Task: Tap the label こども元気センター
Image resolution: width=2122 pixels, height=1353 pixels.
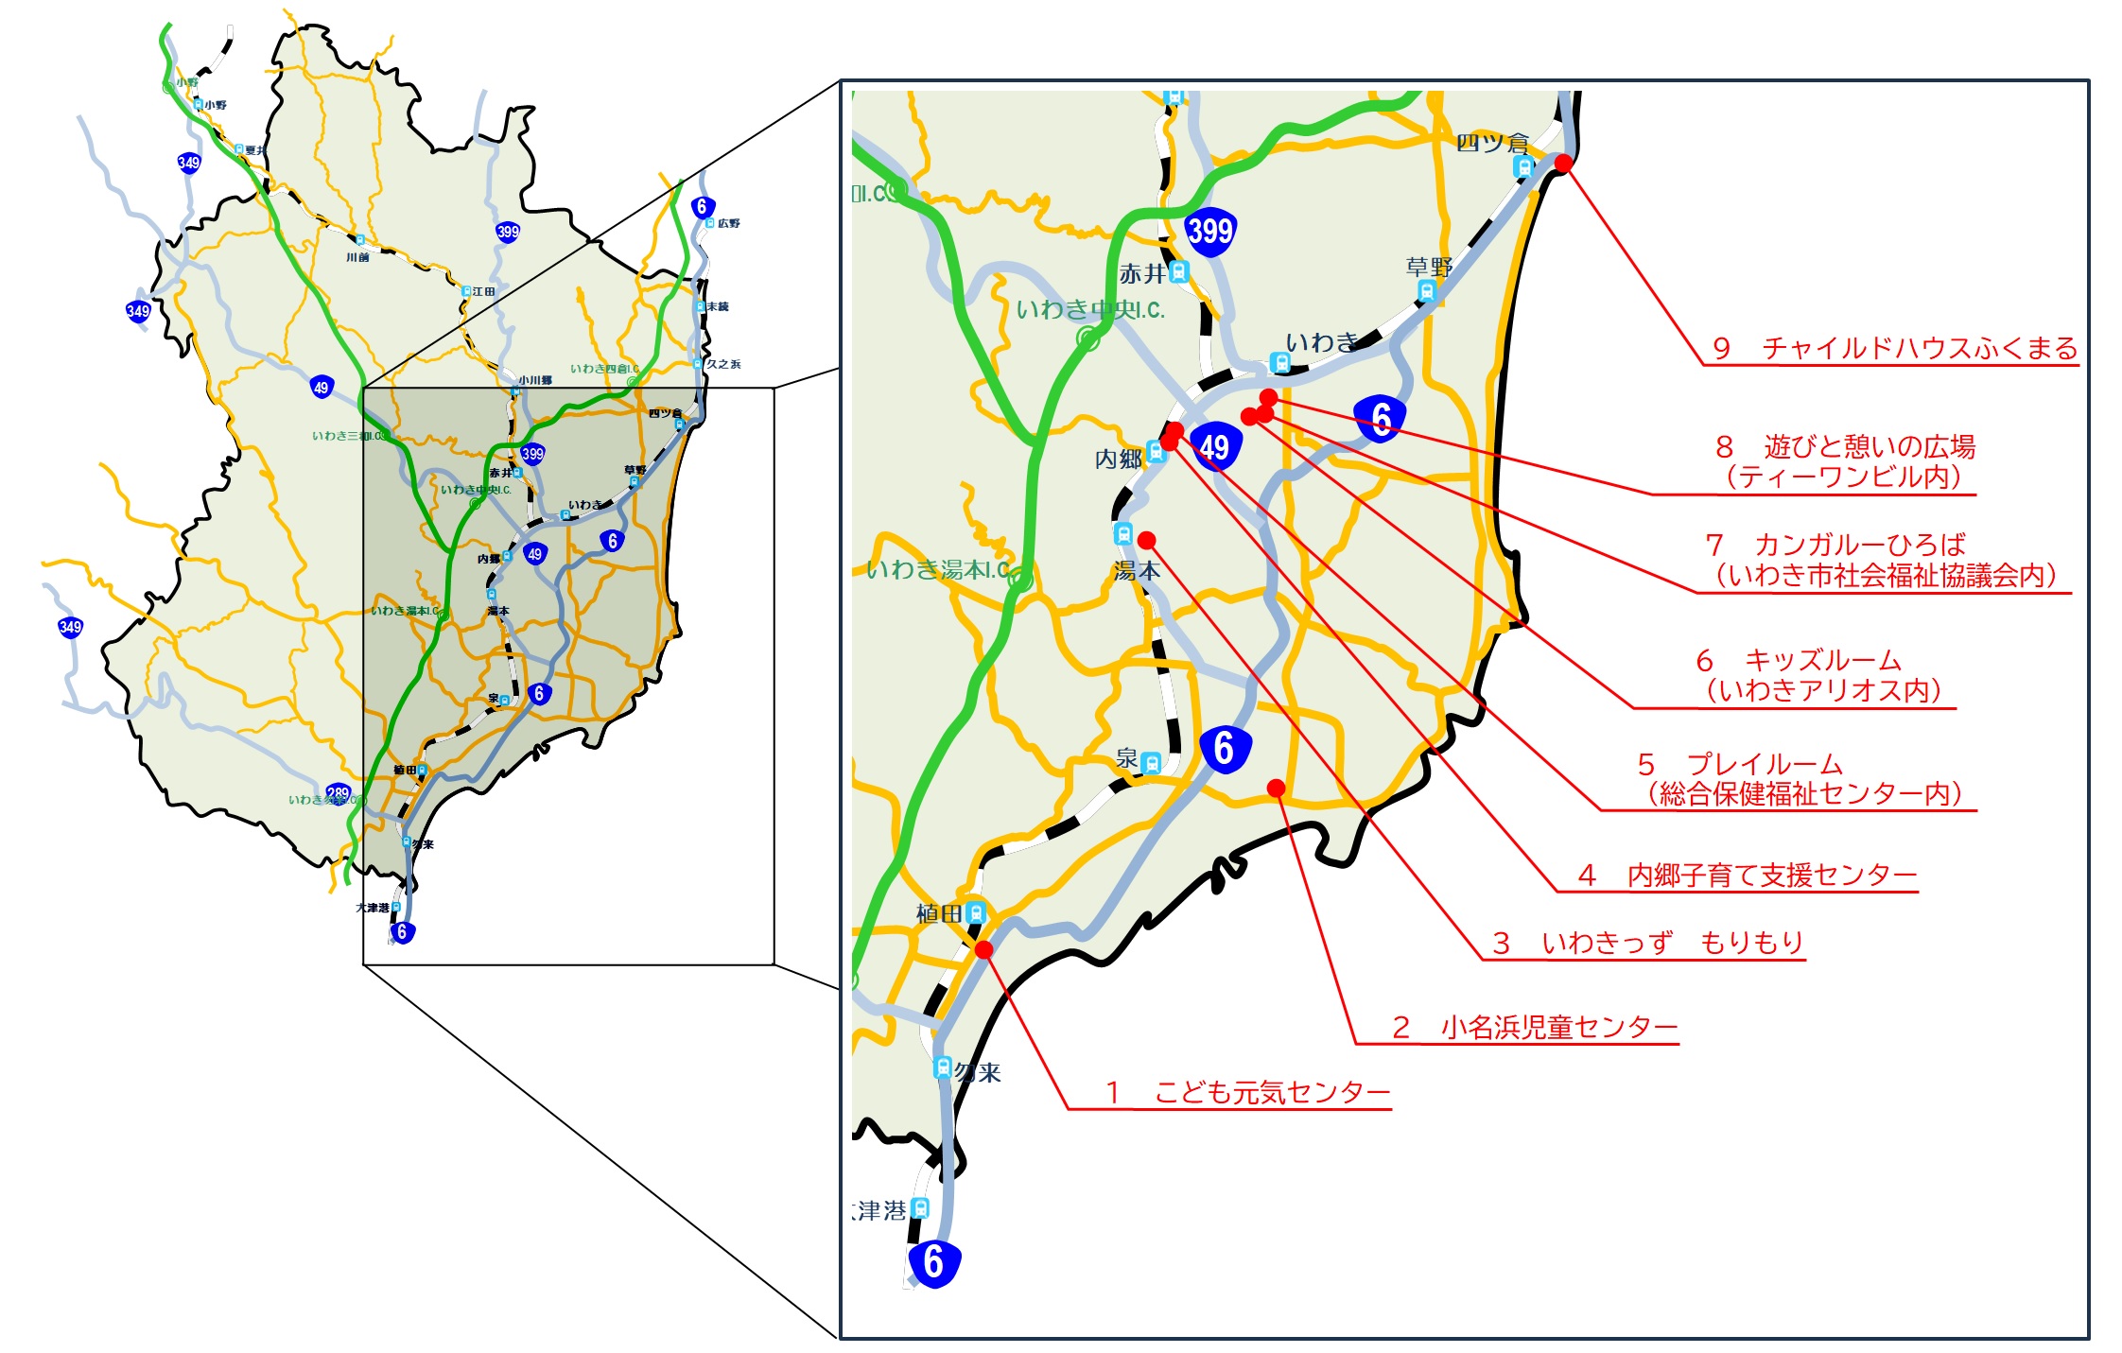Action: click(1271, 1093)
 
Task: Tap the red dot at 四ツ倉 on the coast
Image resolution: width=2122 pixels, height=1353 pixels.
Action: click(1563, 164)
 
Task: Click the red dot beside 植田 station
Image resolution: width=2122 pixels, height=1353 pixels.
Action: click(983, 949)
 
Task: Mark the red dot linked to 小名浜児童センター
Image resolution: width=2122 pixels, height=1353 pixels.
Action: click(1276, 788)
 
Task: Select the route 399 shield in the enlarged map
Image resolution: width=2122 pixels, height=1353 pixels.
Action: click(1210, 232)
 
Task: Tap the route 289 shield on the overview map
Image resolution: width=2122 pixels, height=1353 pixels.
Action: click(338, 793)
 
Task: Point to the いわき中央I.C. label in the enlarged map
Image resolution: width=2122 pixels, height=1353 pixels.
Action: click(1089, 310)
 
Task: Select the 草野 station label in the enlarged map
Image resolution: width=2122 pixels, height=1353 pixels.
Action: click(1428, 267)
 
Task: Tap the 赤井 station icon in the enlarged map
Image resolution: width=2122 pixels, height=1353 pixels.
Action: click(1178, 272)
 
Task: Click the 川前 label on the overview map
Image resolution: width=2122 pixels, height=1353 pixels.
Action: click(357, 257)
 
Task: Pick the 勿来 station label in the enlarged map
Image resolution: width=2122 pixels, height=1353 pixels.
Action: click(978, 1072)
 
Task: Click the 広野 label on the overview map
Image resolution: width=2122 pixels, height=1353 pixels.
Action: click(728, 223)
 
